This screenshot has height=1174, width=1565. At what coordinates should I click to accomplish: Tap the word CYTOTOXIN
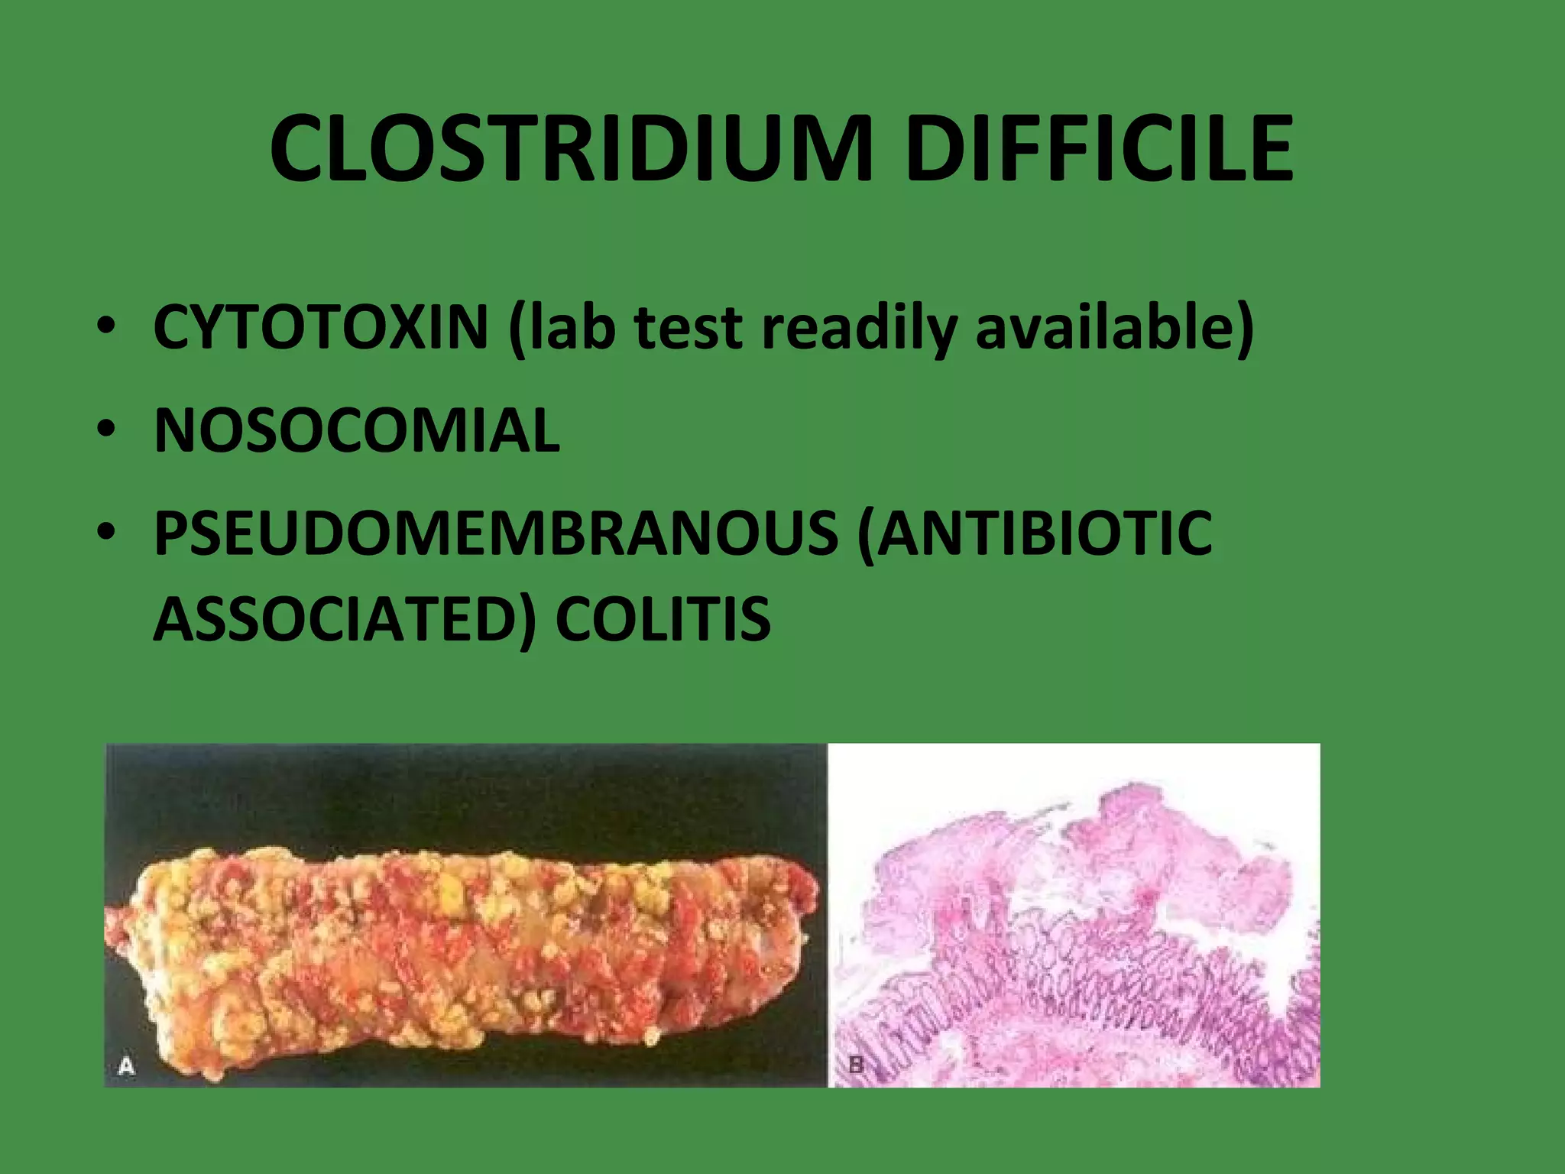click(321, 326)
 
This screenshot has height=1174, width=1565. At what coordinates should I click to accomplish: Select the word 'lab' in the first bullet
click(562, 326)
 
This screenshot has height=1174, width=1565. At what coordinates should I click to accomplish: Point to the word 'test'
click(689, 328)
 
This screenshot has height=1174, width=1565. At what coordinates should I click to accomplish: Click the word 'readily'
click(859, 328)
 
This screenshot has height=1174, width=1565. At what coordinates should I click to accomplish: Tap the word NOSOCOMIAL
click(357, 430)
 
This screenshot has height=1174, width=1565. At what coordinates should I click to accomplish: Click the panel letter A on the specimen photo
click(126, 1065)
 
